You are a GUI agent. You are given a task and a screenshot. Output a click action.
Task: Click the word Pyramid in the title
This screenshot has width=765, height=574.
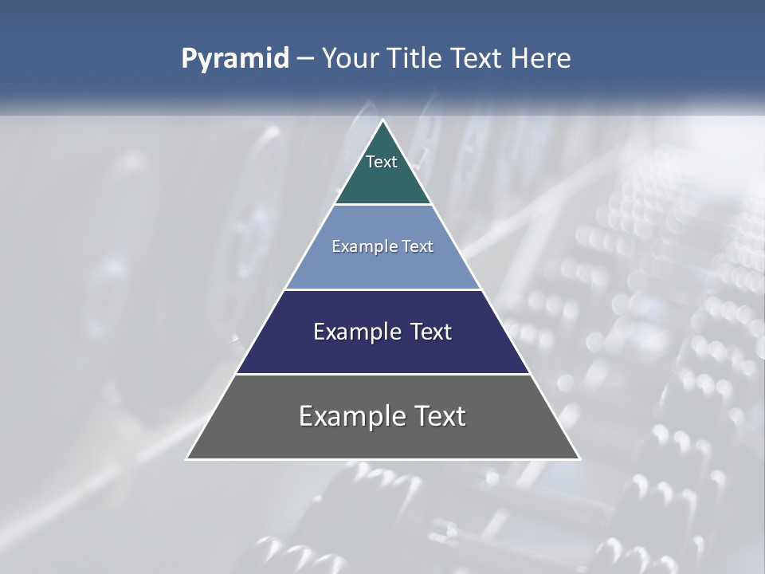[235, 59]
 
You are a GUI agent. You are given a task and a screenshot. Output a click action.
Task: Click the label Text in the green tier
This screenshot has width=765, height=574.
[382, 162]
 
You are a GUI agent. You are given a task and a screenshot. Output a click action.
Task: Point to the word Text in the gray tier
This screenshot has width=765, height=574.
[438, 416]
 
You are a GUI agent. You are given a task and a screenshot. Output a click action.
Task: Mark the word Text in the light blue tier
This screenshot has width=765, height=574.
[418, 247]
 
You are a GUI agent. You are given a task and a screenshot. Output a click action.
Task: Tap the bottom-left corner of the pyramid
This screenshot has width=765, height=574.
[188, 458]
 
